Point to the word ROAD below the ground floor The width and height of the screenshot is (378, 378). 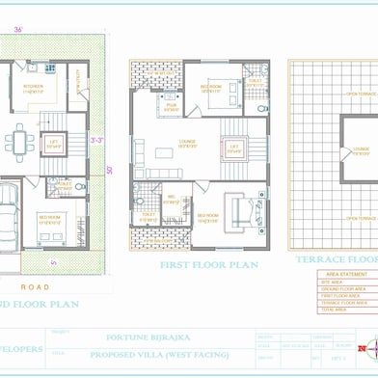pos(35,286)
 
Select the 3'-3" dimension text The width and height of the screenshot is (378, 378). pos(96,141)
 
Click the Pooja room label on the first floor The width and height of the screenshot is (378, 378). pos(171,108)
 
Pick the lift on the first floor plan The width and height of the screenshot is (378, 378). pos(232,148)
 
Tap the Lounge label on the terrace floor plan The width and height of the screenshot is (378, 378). pos(361,149)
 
